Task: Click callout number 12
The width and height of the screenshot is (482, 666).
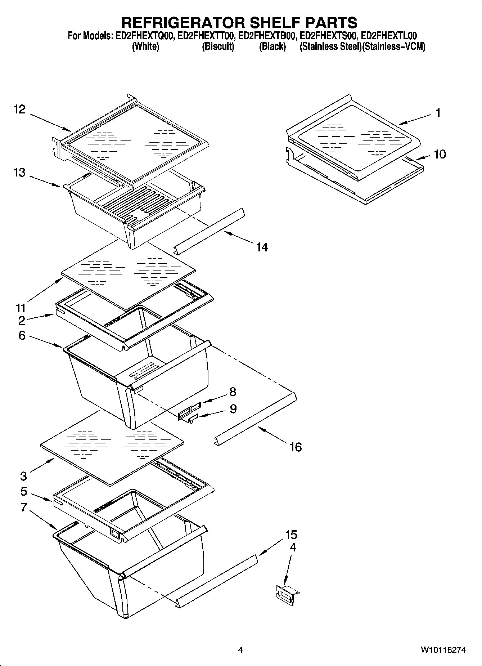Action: click(x=19, y=109)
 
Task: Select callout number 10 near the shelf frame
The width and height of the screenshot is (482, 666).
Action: click(x=440, y=154)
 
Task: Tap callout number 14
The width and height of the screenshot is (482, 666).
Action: click(x=262, y=247)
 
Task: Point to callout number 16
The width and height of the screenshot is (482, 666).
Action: click(x=295, y=447)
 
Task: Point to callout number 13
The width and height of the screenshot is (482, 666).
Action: click(x=19, y=173)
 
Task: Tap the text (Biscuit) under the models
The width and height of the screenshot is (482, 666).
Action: click(x=218, y=46)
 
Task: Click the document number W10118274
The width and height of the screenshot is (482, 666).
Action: click(x=443, y=650)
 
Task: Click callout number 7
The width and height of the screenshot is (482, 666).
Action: click(x=24, y=508)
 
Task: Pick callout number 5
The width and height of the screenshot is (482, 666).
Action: click(x=24, y=491)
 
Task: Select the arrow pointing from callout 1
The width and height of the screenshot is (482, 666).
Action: click(x=414, y=120)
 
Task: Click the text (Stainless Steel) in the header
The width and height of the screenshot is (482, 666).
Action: click(x=330, y=46)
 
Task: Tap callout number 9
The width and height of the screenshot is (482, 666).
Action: click(x=233, y=409)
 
